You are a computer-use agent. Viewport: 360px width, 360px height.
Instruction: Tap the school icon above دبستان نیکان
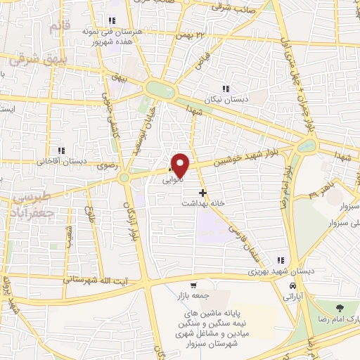(x=226, y=89)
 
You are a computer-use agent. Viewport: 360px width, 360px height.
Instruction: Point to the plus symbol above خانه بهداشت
(x=202, y=192)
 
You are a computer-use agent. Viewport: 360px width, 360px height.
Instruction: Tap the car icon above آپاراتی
(x=292, y=286)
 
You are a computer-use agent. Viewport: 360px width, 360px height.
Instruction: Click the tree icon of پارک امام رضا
(x=340, y=308)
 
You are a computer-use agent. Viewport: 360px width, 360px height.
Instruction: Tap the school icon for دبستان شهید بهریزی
(x=281, y=261)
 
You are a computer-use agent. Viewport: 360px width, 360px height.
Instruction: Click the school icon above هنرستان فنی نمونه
(x=112, y=20)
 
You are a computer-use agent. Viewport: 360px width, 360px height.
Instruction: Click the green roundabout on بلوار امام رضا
(x=306, y=146)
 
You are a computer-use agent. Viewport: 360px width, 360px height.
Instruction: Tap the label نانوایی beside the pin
(x=172, y=179)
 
